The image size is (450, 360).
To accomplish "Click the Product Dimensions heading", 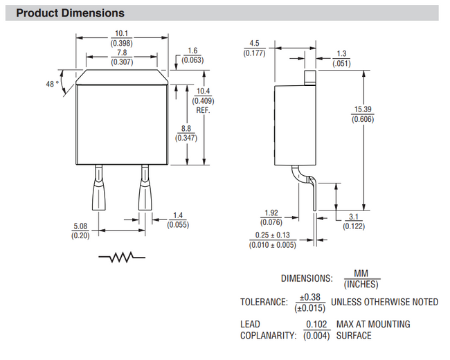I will pyautogui.click(x=70, y=12).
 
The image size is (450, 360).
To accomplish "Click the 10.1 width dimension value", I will pyautogui.click(x=121, y=33).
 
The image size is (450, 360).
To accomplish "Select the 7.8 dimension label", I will pyautogui.click(x=121, y=53).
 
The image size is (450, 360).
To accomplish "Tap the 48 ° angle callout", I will pyautogui.click(x=52, y=84).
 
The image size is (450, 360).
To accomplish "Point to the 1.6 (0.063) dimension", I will pyautogui.click(x=192, y=56).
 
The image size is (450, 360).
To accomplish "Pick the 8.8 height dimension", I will pyautogui.click(x=185, y=133).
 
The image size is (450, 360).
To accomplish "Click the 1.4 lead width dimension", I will pyautogui.click(x=179, y=220).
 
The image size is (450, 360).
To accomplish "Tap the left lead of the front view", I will pyautogui.click(x=98, y=190).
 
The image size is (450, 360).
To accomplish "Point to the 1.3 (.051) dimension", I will pyautogui.click(x=341, y=58).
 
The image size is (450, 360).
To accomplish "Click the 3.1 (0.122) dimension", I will pyautogui.click(x=356, y=222).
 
